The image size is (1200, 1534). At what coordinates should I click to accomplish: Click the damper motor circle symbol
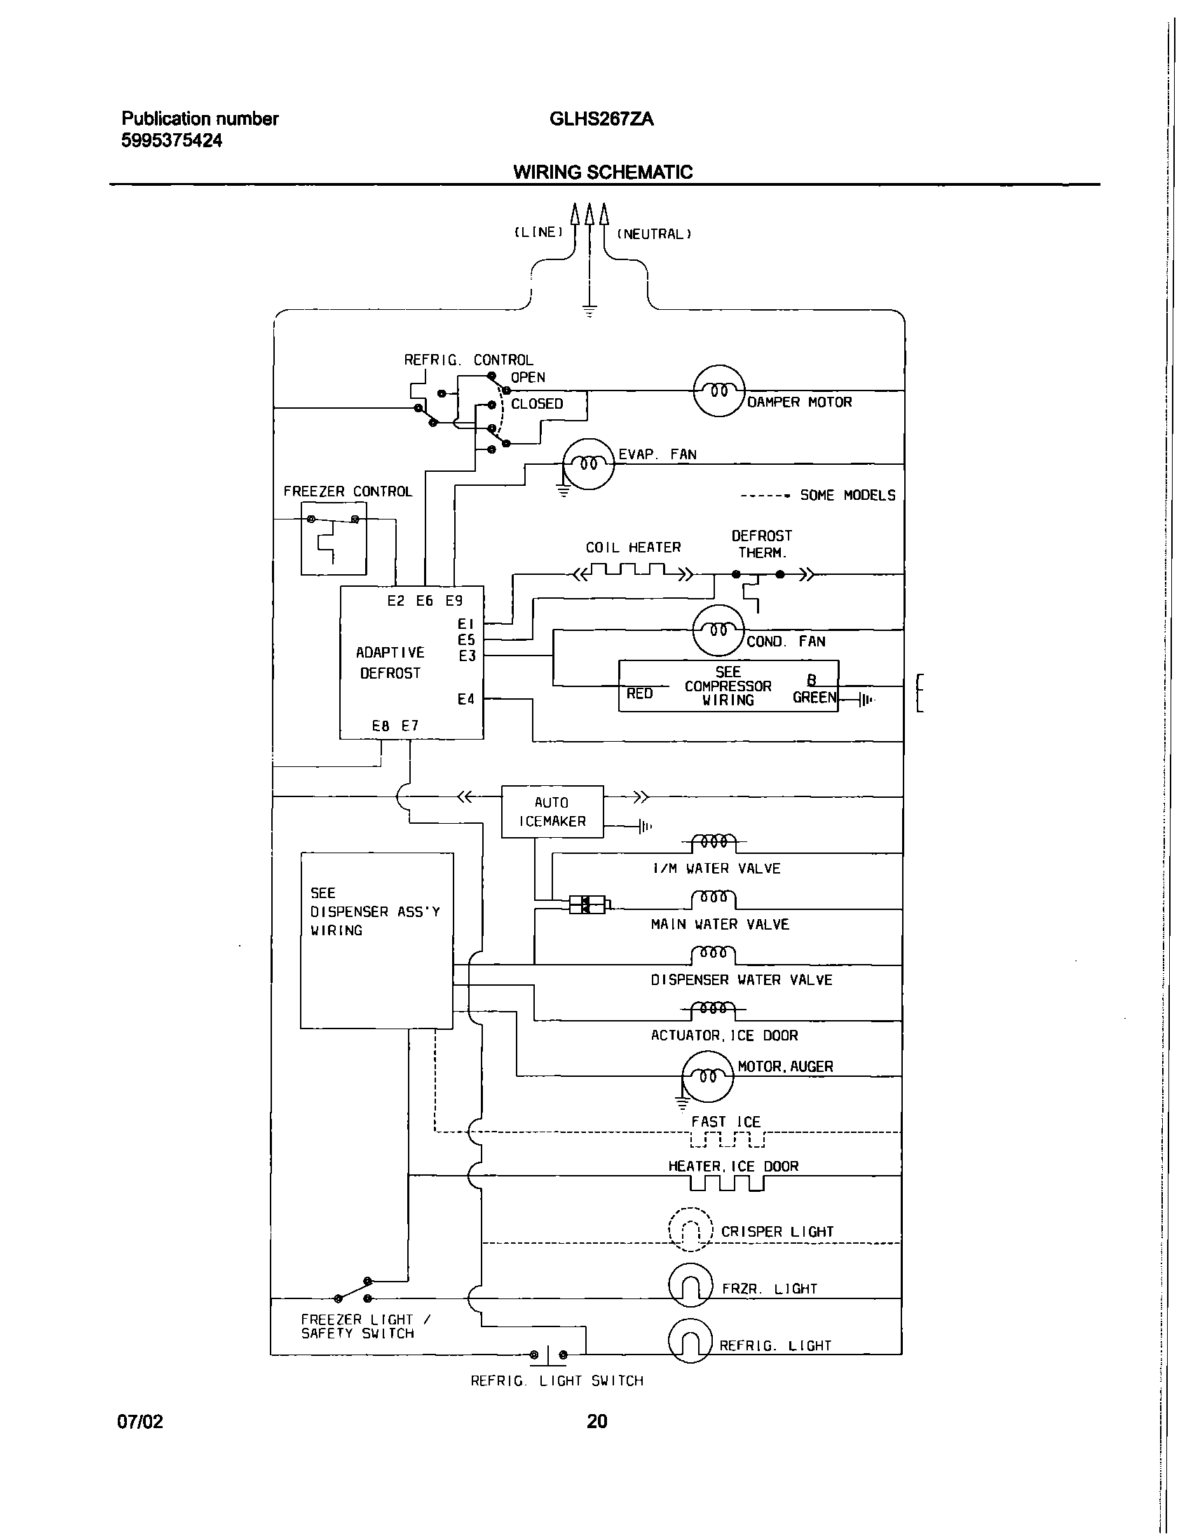718,391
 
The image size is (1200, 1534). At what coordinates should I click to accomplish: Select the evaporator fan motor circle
589,464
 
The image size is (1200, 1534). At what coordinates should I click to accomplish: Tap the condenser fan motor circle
718,630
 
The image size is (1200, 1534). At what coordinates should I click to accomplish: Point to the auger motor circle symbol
707,1076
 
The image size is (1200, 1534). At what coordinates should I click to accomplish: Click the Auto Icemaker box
552,812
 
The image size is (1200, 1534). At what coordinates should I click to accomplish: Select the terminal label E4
466,699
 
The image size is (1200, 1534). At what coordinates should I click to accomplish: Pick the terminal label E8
381,726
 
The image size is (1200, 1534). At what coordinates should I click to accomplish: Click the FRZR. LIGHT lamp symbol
690,1285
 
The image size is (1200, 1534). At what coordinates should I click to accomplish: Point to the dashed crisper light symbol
690,1229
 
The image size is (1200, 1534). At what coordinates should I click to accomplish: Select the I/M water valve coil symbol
714,841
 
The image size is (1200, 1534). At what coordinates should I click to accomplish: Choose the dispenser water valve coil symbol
714,953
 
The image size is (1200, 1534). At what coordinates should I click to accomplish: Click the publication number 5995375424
172,140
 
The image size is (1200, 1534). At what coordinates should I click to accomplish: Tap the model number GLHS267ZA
601,119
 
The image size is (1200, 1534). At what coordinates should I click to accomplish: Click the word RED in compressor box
639,693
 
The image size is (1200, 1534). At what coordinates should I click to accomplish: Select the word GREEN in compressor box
814,697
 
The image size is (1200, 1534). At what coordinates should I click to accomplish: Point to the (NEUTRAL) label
654,234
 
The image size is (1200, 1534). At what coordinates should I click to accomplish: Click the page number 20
596,1421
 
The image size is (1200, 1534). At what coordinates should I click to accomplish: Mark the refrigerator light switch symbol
548,1353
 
